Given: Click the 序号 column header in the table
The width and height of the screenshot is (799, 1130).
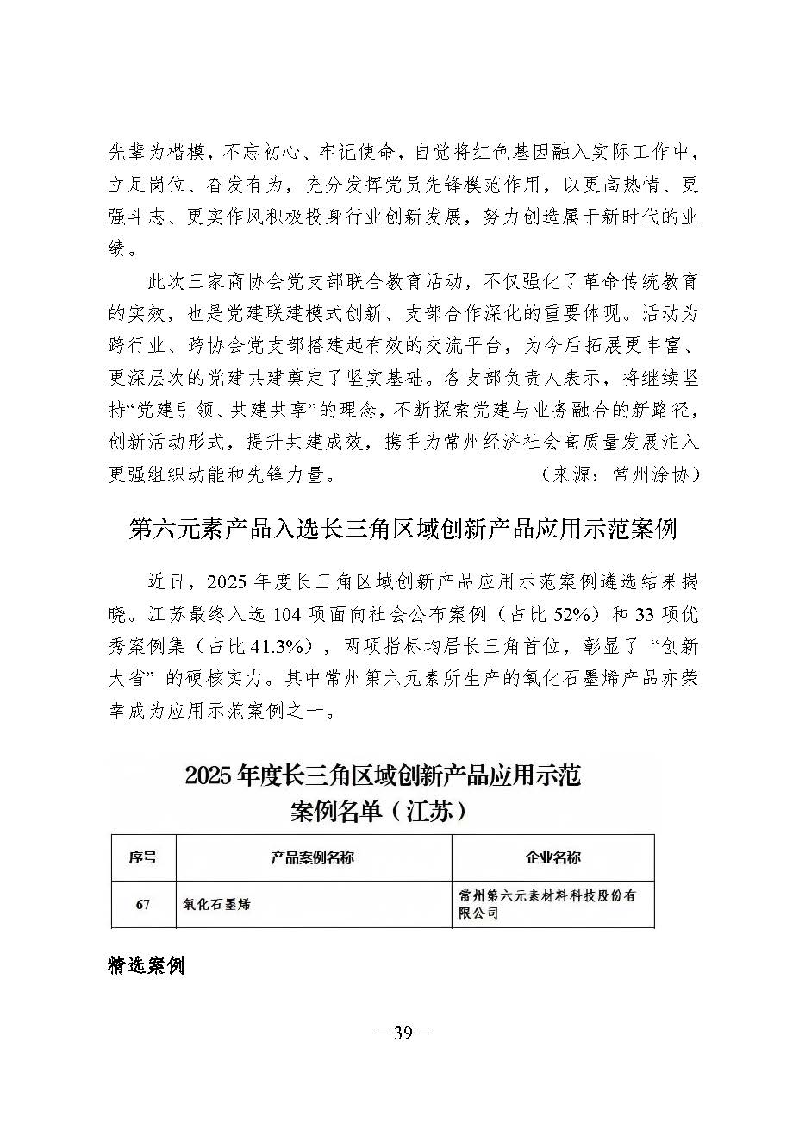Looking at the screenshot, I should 142,857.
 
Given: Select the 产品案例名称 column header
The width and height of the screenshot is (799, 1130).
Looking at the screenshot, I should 312,857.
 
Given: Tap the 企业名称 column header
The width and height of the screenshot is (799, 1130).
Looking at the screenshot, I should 552,857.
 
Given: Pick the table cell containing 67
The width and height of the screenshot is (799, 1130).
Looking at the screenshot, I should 142,904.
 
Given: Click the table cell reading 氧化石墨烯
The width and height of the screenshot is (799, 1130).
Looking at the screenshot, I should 216,904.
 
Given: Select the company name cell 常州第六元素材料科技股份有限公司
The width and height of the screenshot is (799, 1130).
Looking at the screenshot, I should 547,904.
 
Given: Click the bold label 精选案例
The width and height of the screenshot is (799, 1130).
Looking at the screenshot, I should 147,965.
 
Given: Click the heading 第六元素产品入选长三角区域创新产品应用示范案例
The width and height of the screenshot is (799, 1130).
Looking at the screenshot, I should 403,529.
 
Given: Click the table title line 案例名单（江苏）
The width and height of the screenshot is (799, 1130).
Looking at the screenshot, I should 382,811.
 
